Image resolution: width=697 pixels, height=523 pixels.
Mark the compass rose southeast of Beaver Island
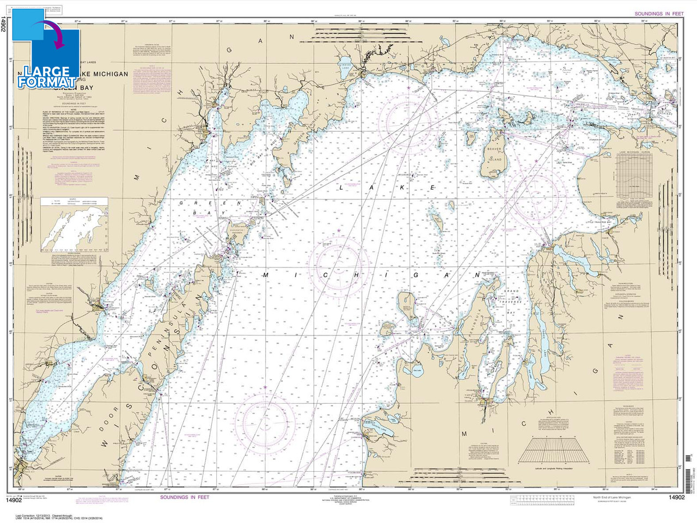click(536, 194)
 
